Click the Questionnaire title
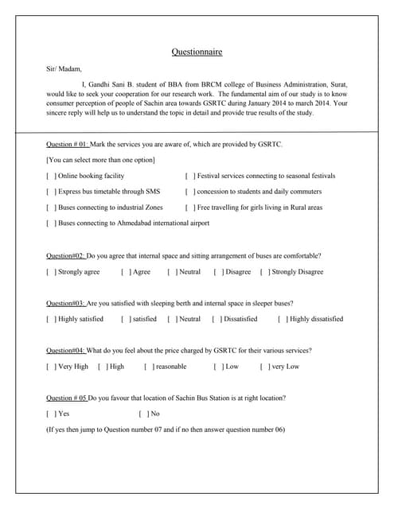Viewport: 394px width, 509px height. coord(197,52)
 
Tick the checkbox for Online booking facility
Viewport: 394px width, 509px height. coord(51,176)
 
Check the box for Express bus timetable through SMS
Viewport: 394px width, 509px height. coord(51,192)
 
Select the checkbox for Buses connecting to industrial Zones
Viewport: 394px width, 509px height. coord(51,208)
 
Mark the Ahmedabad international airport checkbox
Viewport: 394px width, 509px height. coord(51,223)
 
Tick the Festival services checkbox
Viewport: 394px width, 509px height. coord(189,176)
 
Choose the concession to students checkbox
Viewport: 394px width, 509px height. coord(189,192)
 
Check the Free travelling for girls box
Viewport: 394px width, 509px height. coord(189,208)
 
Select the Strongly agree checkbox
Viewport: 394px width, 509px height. coord(51,272)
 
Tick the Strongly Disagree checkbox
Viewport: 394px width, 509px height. coord(264,272)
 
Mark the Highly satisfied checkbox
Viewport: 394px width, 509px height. coord(51,319)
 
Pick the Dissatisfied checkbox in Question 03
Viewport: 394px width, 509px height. coord(216,319)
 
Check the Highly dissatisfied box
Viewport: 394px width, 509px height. coord(282,319)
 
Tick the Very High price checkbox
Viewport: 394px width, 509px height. coord(51,367)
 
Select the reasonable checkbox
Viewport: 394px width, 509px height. coord(148,367)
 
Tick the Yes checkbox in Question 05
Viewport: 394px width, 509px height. coord(51,414)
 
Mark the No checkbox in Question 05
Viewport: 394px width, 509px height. coord(142,414)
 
